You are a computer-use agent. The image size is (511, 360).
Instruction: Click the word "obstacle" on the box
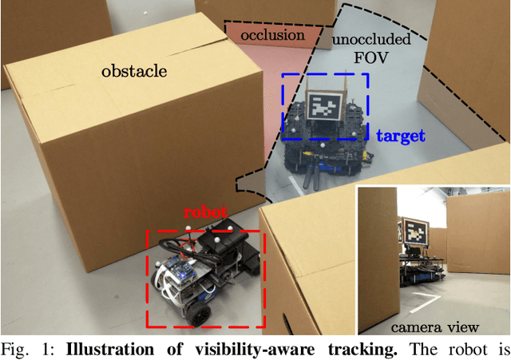coord(133,72)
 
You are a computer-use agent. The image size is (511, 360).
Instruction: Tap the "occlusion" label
coord(273,35)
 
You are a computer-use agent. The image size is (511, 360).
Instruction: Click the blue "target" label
coord(400,136)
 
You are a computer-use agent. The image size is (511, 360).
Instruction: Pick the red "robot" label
coord(205,213)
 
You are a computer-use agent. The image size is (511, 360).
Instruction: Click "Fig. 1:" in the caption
coord(22,348)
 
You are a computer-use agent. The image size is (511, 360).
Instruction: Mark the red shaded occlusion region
coord(263,60)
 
